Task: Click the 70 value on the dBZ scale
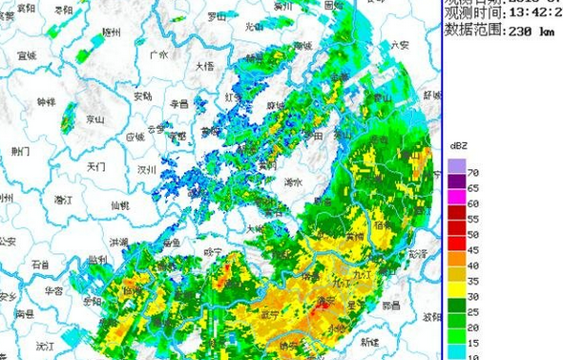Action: [472, 173]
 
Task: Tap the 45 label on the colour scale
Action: [472, 249]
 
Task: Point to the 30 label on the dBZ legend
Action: [472, 296]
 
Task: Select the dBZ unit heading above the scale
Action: [456, 145]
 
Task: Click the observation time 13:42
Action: [530, 14]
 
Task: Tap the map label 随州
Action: [112, 32]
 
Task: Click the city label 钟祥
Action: [47, 101]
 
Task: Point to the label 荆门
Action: [20, 151]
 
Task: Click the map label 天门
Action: [94, 166]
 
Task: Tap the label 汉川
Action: [146, 169]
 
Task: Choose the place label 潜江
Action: [63, 200]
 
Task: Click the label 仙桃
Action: [119, 204]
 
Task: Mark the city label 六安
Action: [399, 45]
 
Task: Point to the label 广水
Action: [158, 55]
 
